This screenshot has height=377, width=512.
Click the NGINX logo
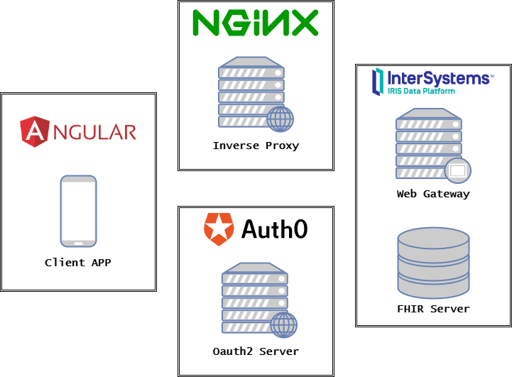[256, 22]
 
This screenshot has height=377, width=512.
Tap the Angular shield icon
[34, 131]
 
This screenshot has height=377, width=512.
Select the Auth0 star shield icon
[218, 229]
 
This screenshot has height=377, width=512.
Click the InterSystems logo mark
[379, 82]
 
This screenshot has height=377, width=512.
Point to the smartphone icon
[78, 211]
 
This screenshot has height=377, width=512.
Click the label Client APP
[78, 263]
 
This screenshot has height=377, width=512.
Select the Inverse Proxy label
[256, 146]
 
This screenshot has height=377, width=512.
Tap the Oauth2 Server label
[256, 351]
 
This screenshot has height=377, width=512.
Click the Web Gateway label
[433, 194]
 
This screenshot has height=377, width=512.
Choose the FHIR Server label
[433, 309]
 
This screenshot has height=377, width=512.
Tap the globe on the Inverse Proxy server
[280, 119]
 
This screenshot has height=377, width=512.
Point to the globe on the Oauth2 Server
[283, 324]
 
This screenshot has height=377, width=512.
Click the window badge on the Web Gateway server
[457, 170]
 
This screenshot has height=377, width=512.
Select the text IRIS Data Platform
[422, 91]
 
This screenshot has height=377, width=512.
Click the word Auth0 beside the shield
[275, 229]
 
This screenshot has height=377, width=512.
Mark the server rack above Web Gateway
[427, 142]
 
